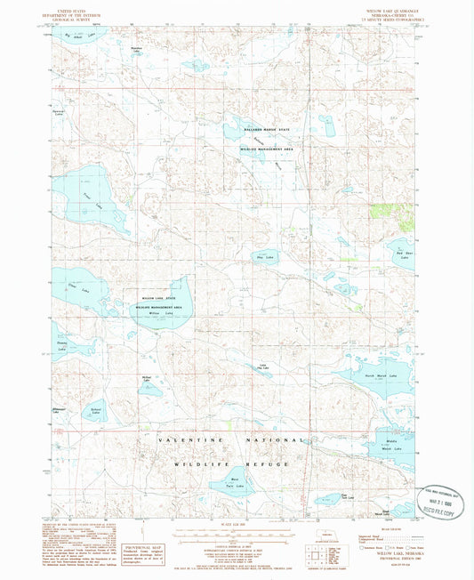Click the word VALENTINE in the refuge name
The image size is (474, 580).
191,441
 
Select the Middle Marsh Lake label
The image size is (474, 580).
391,443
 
